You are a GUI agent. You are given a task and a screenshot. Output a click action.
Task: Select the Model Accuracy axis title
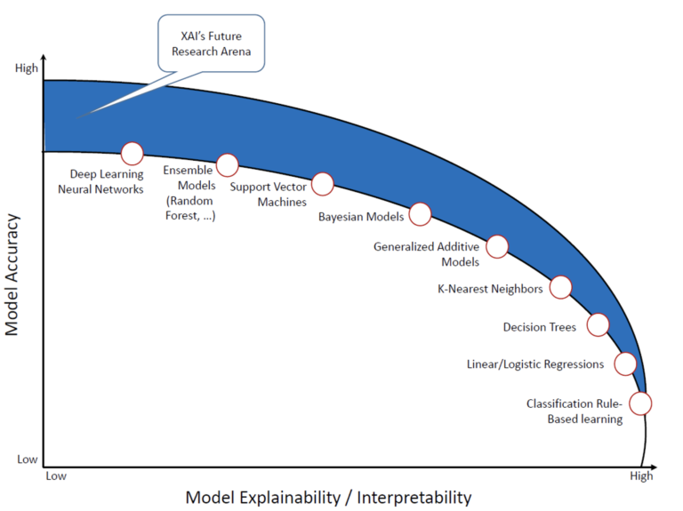[12, 275]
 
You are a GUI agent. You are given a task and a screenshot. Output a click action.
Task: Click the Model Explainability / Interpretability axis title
[328, 498]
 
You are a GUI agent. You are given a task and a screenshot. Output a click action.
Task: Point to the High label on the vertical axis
[27, 68]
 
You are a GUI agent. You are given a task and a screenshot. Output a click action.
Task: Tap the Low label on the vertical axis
[27, 459]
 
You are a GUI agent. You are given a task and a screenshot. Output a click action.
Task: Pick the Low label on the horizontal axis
[56, 475]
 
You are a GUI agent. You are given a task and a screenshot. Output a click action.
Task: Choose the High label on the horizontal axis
[641, 476]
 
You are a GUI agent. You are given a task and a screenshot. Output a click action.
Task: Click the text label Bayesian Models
[361, 217]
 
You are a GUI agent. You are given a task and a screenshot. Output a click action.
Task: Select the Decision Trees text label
[540, 327]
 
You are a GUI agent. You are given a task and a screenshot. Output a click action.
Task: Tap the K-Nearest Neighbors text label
[490, 289]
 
